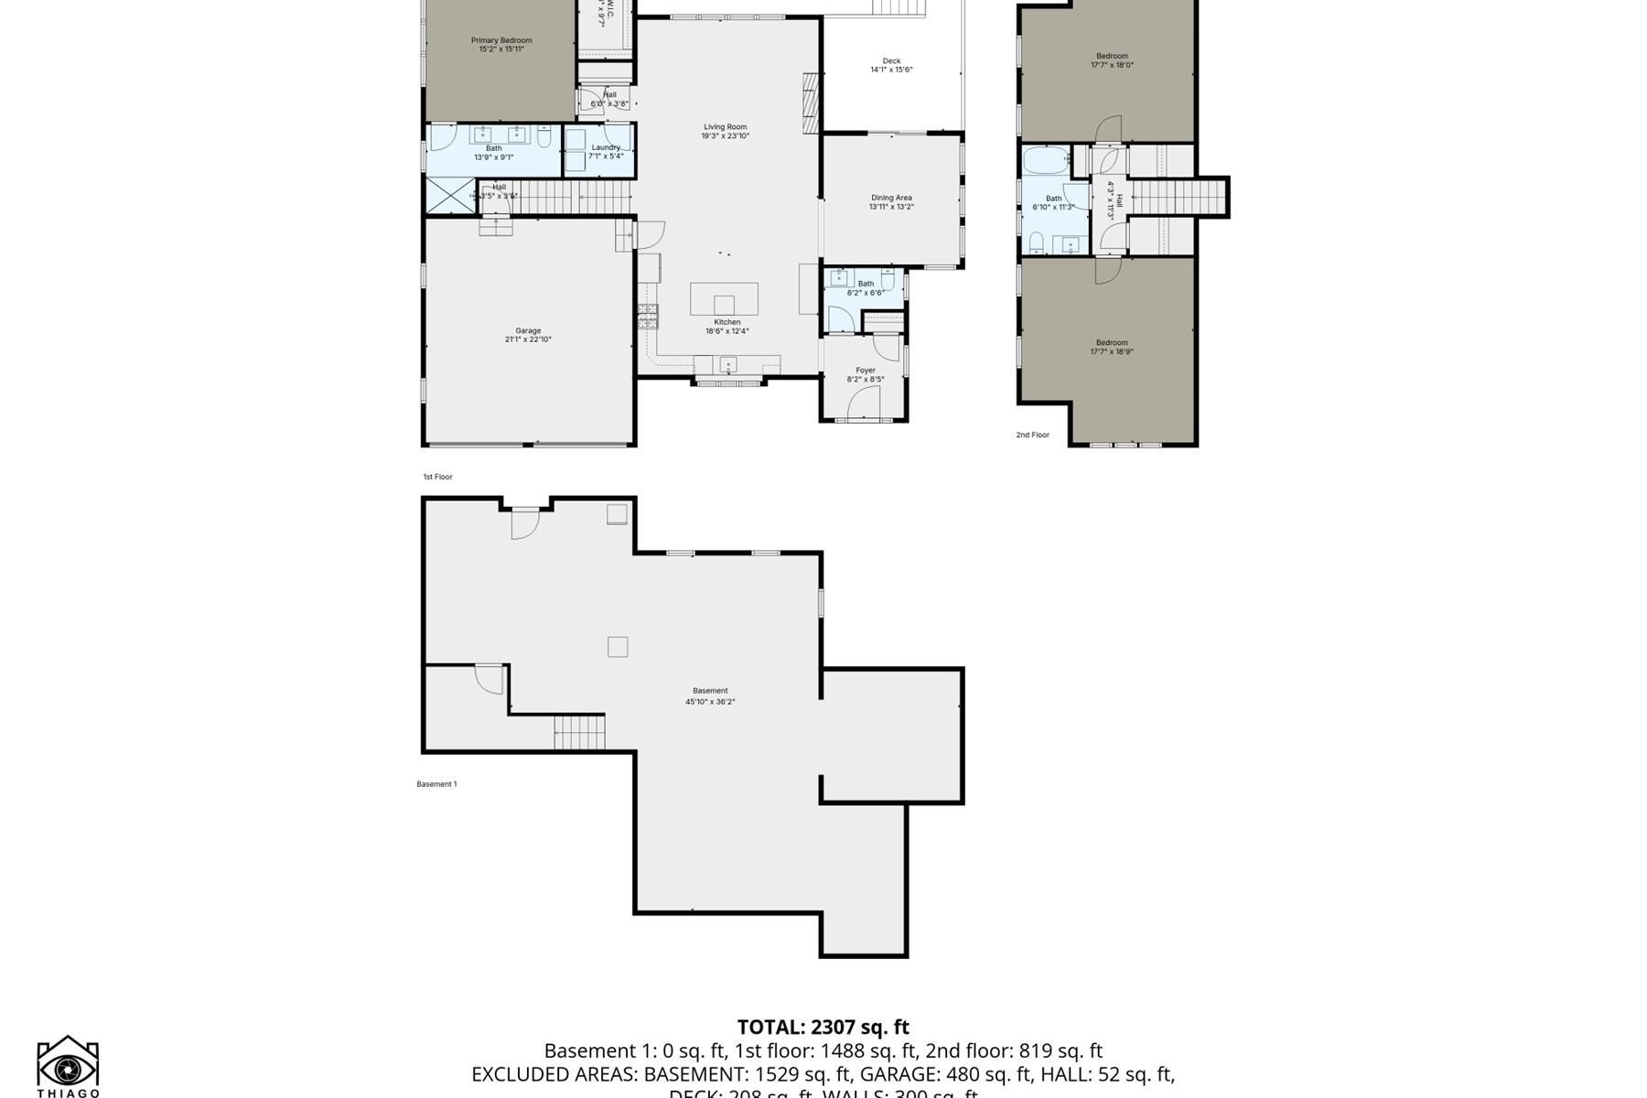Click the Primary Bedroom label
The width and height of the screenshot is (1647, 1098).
point(501,40)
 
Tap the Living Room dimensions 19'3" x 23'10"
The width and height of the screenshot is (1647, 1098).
point(725,136)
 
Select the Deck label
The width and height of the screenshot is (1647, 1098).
point(891,61)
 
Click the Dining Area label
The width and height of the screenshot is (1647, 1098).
point(891,198)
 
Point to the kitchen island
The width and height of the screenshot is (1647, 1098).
point(724,299)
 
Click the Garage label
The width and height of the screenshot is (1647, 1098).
point(528,330)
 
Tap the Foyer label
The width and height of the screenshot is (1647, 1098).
point(866,371)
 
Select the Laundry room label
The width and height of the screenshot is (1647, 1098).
point(606,147)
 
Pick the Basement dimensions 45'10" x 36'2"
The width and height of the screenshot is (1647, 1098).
point(710,702)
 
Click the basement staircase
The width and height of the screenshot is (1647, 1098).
point(579,733)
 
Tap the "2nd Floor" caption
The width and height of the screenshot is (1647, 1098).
point(1032,436)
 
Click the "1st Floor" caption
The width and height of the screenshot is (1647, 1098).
point(437,477)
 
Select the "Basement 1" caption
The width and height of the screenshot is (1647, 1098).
point(436,784)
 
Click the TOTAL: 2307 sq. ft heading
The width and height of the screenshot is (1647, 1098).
point(823,1028)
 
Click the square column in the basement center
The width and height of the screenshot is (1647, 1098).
point(618,647)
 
